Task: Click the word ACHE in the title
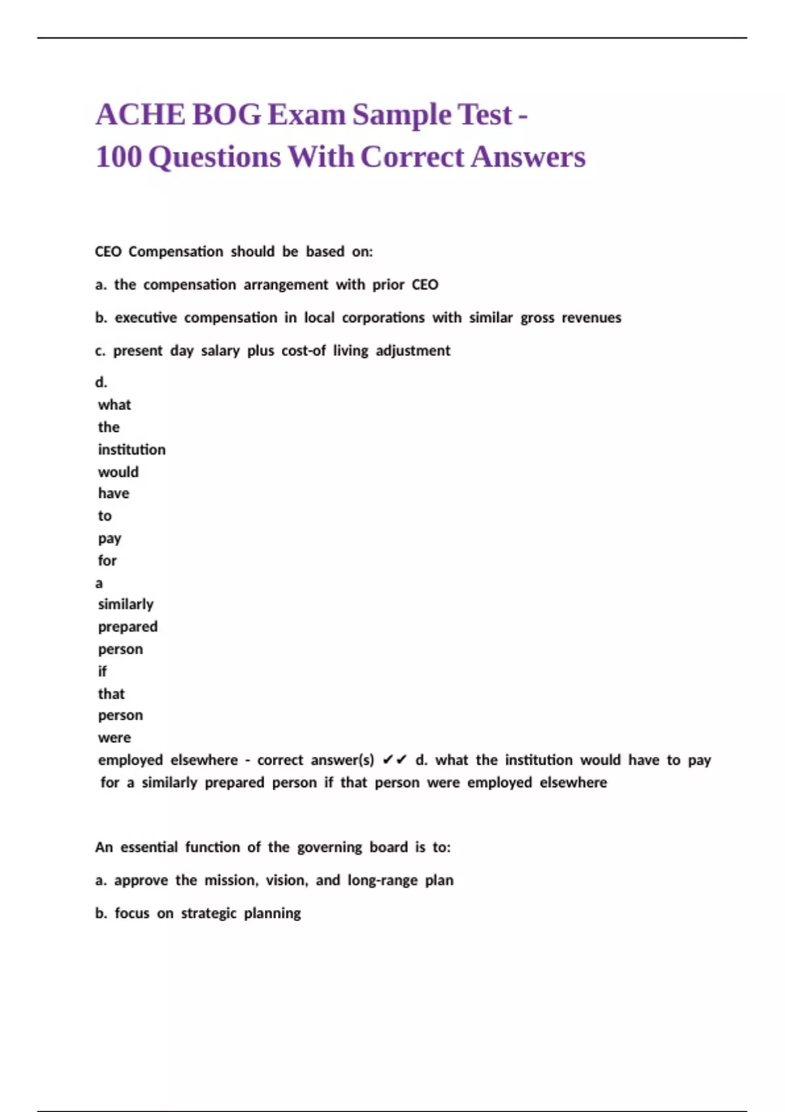pyautogui.click(x=140, y=114)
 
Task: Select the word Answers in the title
pyautogui.click(x=528, y=157)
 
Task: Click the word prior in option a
pyautogui.click(x=389, y=285)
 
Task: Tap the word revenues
pyautogui.click(x=591, y=318)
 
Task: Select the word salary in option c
pyautogui.click(x=220, y=351)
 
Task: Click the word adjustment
pyautogui.click(x=413, y=351)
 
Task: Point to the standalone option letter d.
pyautogui.click(x=101, y=382)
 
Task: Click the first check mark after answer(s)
pyautogui.click(x=387, y=760)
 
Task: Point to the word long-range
pyautogui.click(x=382, y=880)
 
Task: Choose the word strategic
pyautogui.click(x=209, y=913)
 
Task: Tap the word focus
pyautogui.click(x=132, y=913)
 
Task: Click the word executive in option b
pyautogui.click(x=146, y=318)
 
